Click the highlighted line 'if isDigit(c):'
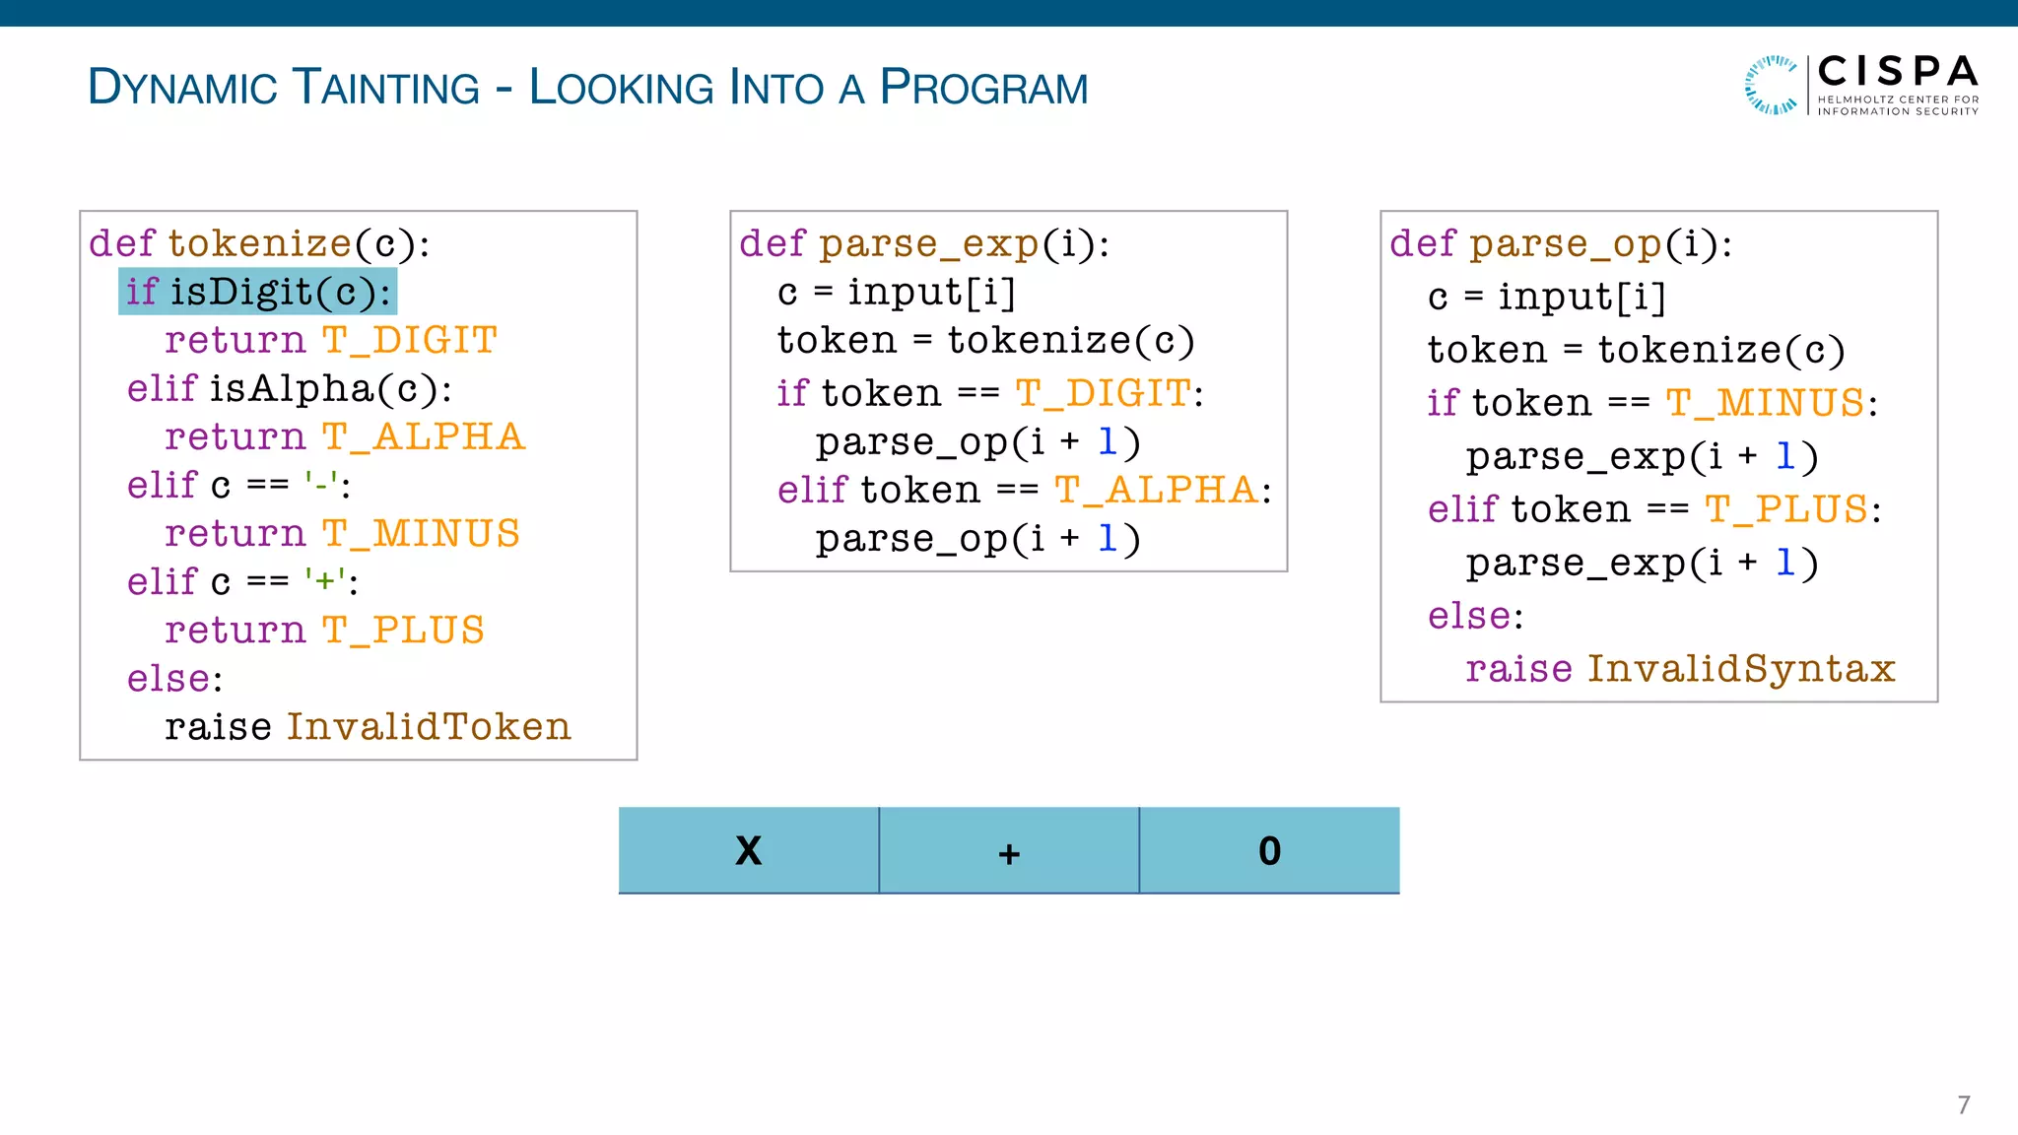[x=257, y=292]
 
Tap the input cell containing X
[x=749, y=850]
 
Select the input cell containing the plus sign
[x=1009, y=850]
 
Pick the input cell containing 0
[x=1269, y=850]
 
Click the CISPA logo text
[x=1897, y=72]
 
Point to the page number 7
[x=1963, y=1104]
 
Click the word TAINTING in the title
[x=386, y=88]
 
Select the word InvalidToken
[x=429, y=727]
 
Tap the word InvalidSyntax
[x=1741, y=669]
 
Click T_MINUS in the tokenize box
[x=421, y=534]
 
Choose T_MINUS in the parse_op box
[x=1765, y=403]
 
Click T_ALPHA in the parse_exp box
[x=1156, y=490]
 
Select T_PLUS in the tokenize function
[x=403, y=631]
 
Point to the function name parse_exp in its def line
[x=928, y=244]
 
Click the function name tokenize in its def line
[x=259, y=244]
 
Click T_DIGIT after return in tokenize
[x=409, y=341]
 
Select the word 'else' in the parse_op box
[x=1469, y=617]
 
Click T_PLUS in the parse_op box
[x=1786, y=509]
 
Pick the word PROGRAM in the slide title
[x=983, y=88]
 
